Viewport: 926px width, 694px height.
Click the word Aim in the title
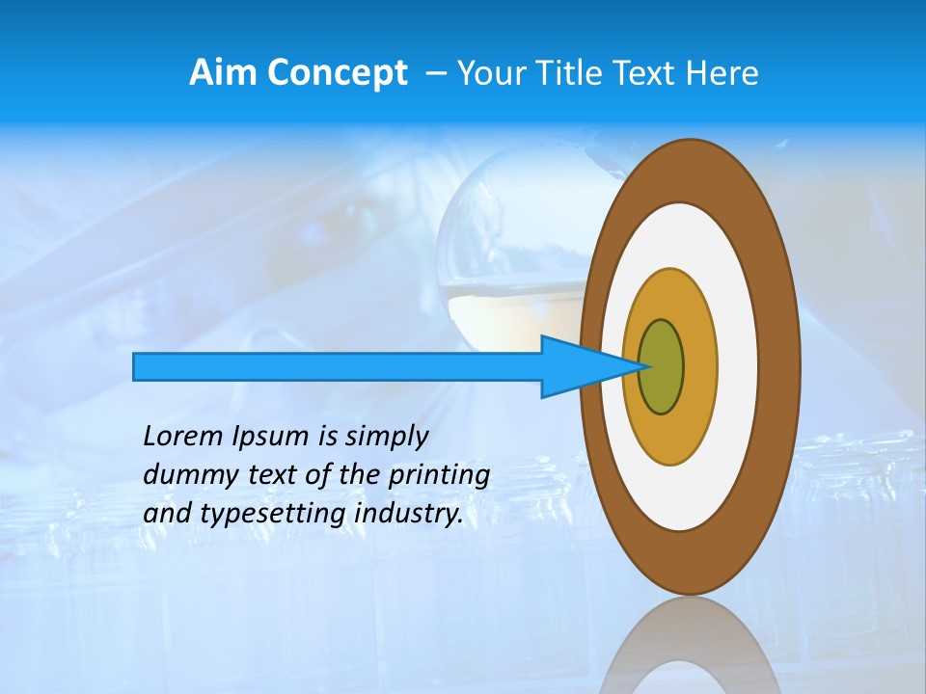(224, 73)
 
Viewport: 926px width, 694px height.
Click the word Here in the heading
(723, 73)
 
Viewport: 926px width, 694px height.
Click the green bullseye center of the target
(661, 367)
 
